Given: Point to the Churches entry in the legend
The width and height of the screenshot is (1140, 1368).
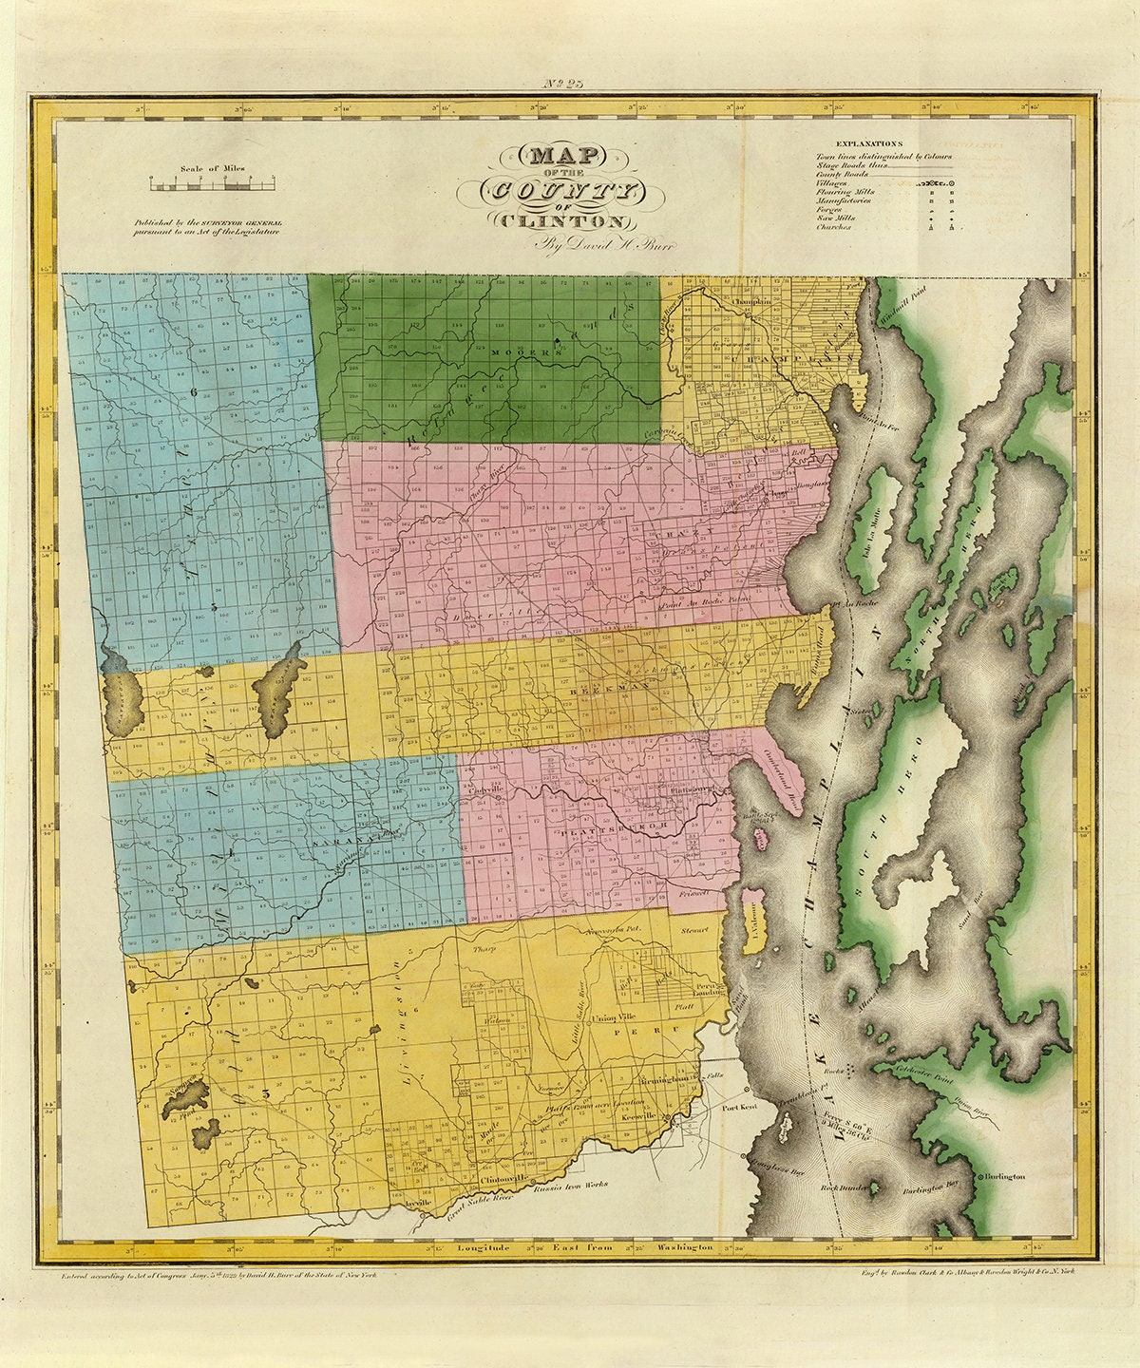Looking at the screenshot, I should (832, 227).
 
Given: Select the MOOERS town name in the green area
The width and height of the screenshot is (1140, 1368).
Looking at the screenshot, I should (515, 352).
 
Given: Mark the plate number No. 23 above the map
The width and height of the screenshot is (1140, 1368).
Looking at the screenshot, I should (568, 84).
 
